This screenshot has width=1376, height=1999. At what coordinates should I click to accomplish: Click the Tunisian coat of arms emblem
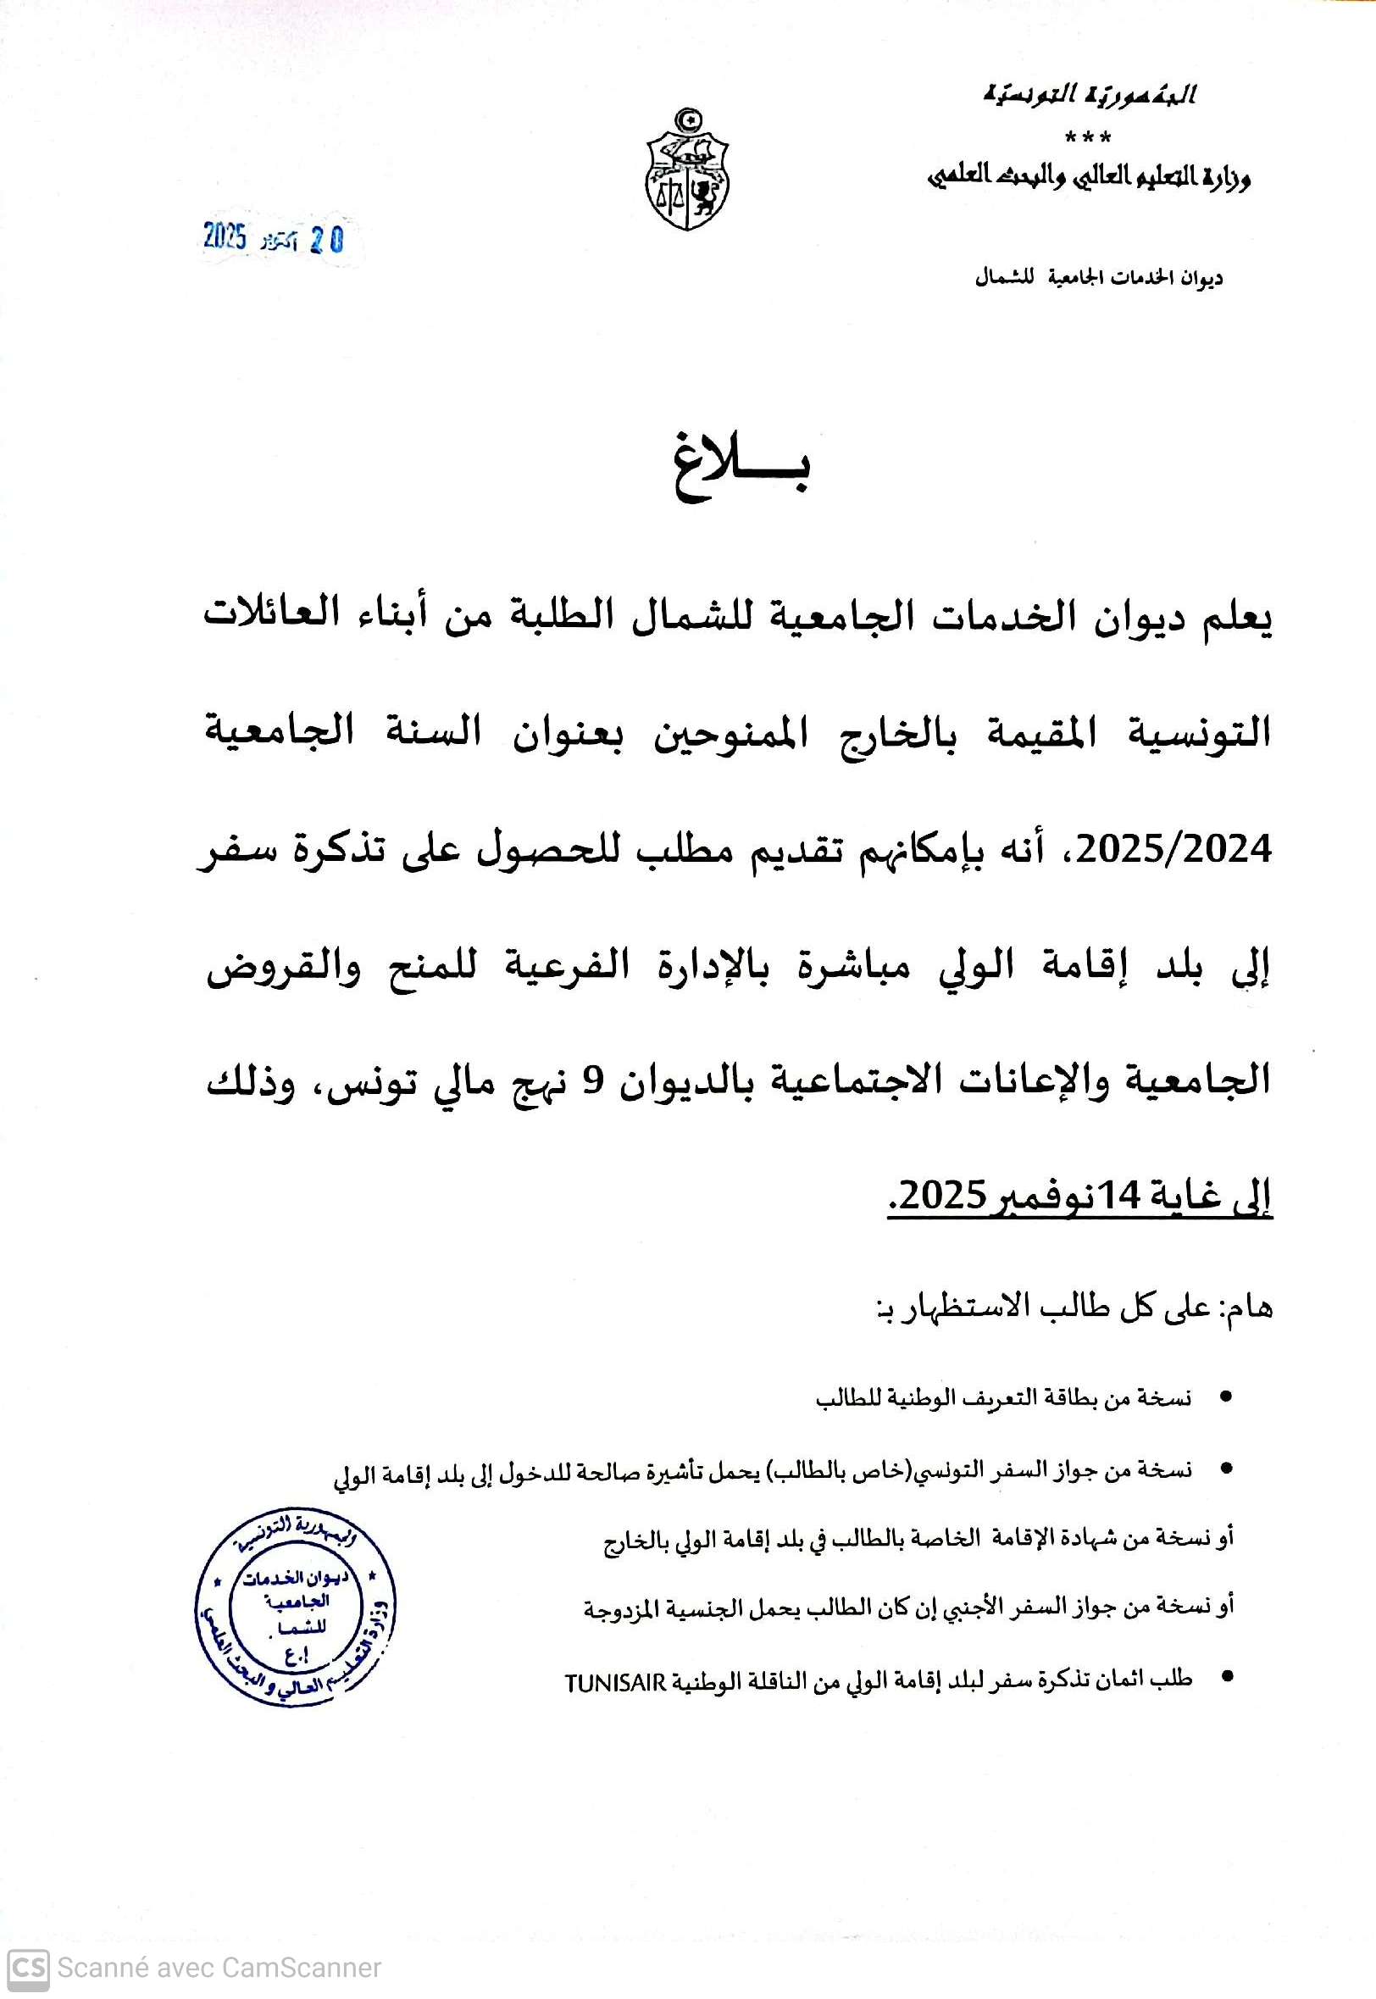pos(687,169)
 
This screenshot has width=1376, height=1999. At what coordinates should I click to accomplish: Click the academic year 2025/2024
pos(1174,850)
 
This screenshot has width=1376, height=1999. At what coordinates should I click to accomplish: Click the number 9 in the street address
pos(591,1081)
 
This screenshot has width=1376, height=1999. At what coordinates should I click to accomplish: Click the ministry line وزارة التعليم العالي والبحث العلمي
pos(1089,178)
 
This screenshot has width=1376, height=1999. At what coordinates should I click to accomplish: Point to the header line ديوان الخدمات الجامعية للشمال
pos(1098,279)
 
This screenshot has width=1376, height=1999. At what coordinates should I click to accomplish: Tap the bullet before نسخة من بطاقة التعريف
pos(1224,1395)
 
